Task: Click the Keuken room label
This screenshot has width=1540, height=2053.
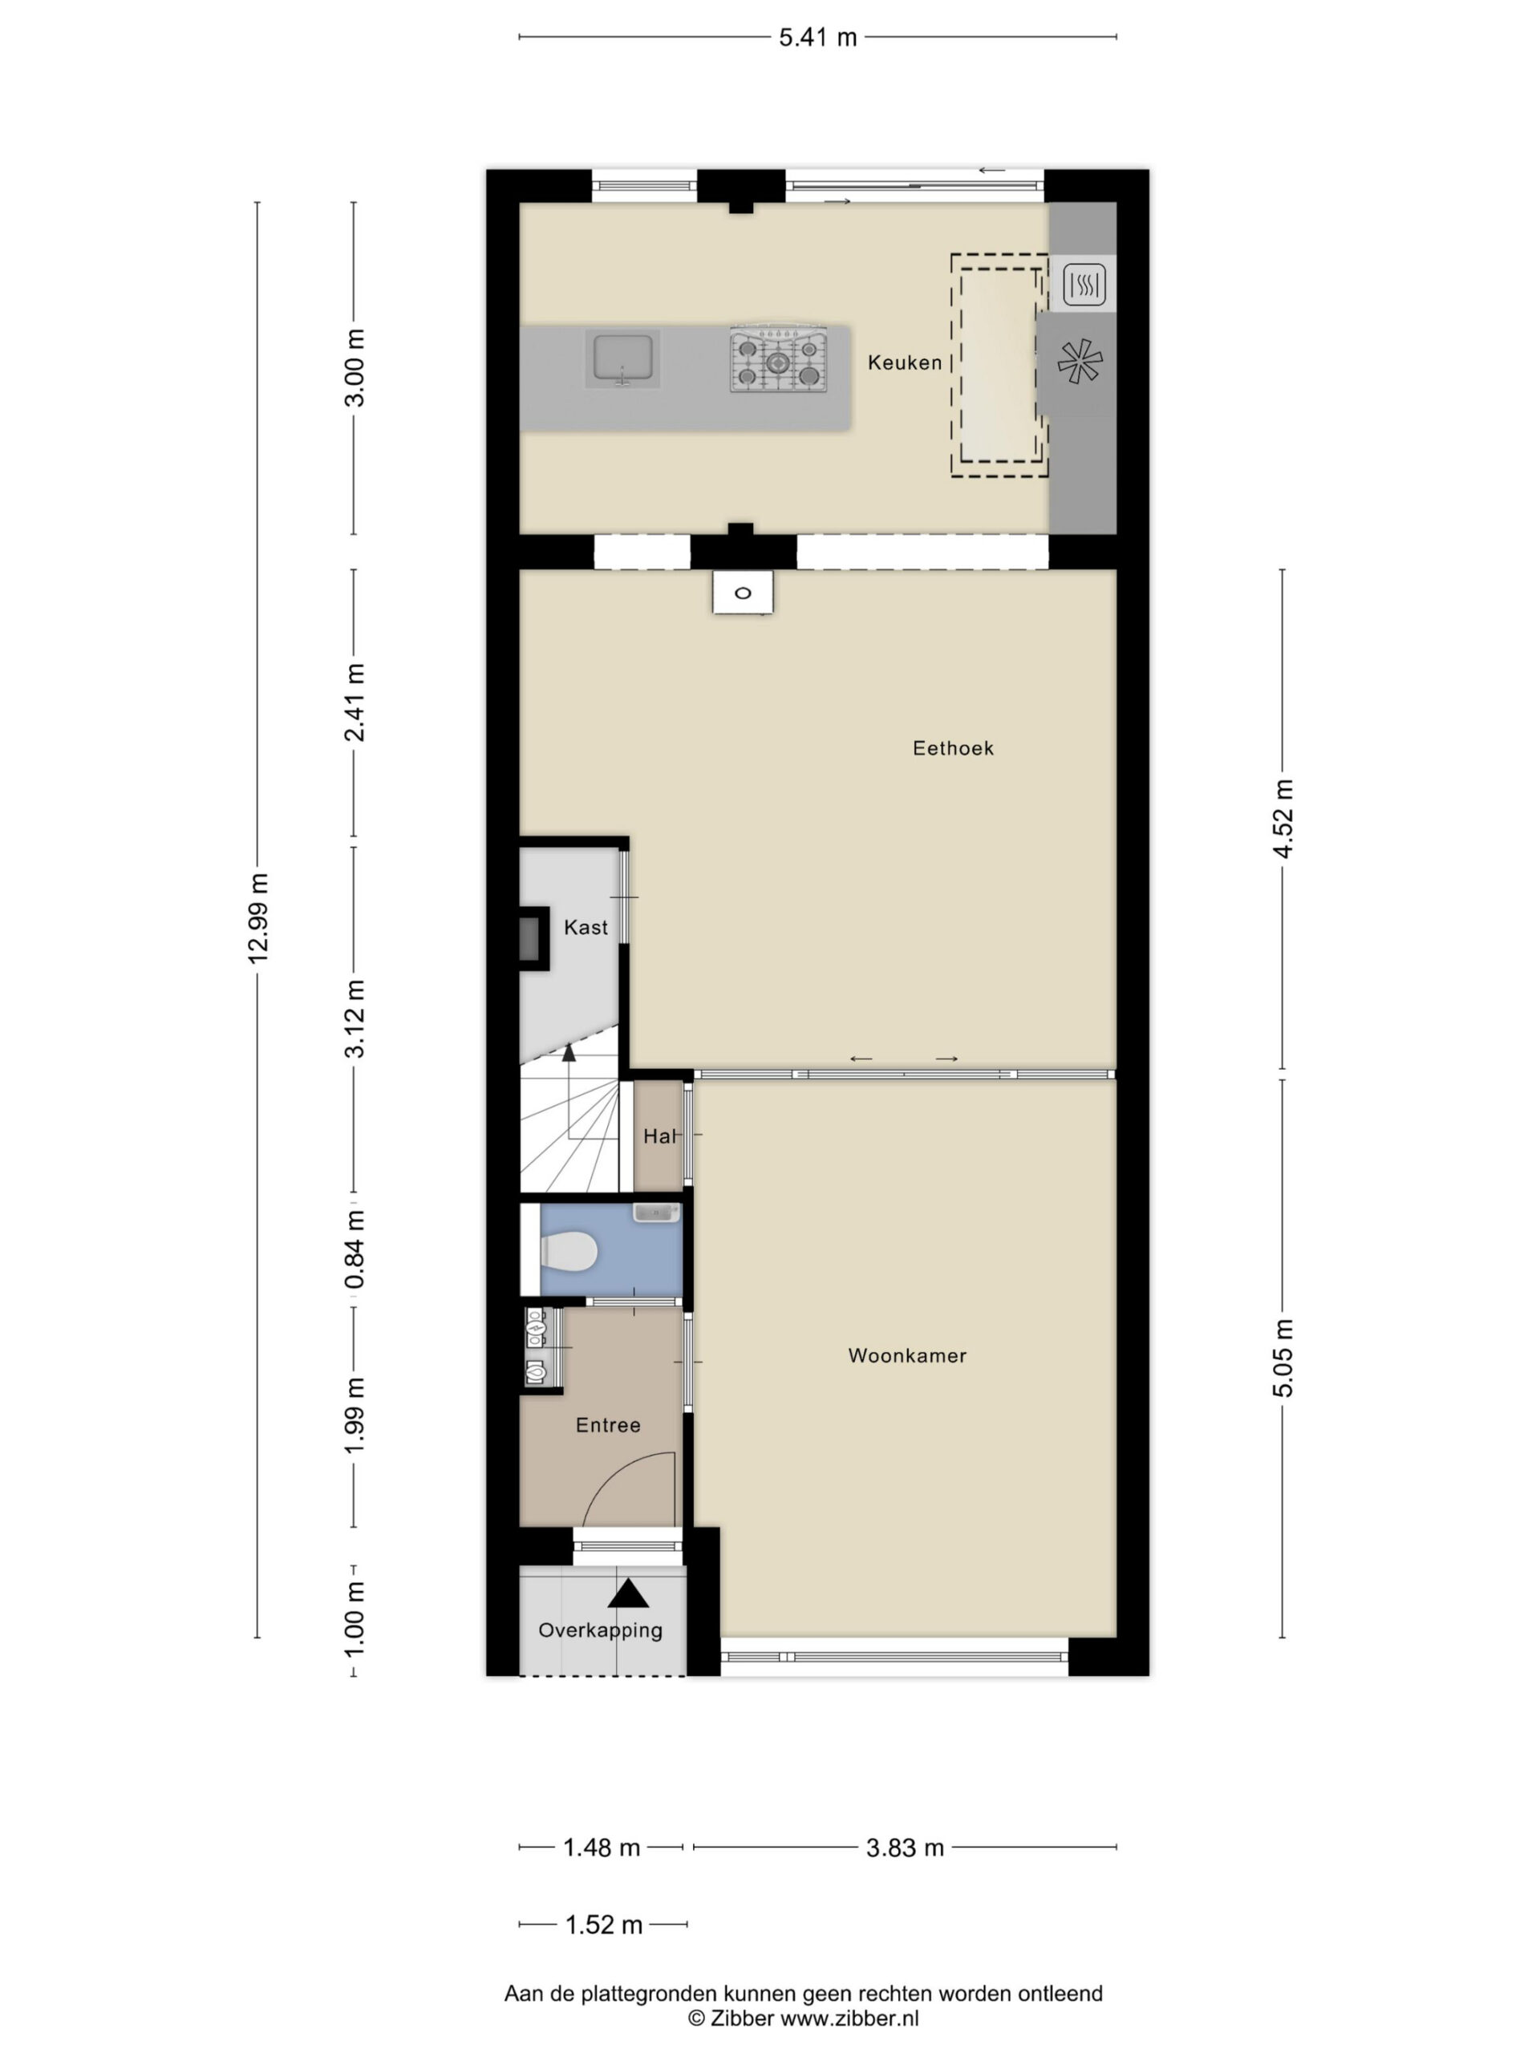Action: coord(904,363)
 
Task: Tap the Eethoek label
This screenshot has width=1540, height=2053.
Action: coord(952,748)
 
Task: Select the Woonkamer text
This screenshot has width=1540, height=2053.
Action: coord(907,1356)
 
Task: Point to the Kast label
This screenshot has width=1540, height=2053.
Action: coord(586,927)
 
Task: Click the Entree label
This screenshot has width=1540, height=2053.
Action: coord(608,1426)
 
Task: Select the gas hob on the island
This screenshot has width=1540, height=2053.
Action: coord(778,359)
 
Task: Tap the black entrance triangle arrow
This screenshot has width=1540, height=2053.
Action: coord(629,1593)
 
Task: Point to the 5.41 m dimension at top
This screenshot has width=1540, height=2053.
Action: coord(817,37)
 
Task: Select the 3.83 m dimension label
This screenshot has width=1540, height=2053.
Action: coord(904,1848)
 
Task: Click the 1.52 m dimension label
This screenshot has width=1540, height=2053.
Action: coord(603,1925)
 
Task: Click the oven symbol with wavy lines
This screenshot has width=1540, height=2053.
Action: coord(1084,284)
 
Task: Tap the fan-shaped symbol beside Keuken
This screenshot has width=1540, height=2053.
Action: coord(1080,362)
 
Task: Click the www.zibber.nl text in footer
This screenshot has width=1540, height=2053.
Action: coord(849,2019)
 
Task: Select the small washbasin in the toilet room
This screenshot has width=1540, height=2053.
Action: coord(656,1213)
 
